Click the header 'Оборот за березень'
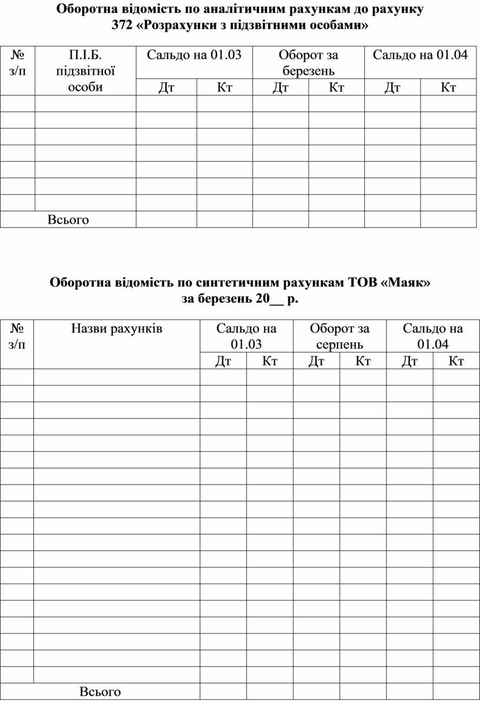coord(308,63)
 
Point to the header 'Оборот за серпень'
coord(339,336)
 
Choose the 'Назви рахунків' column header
coord(116,328)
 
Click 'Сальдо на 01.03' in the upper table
coord(194,55)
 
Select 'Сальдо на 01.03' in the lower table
coord(246,336)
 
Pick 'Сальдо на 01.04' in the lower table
coord(432,336)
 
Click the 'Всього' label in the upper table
coord(68,219)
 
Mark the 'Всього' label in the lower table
coord(100,692)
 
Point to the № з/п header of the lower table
coord(17,336)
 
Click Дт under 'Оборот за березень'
coord(281,88)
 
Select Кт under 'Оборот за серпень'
coord(363,360)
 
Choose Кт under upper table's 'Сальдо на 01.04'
coord(448,88)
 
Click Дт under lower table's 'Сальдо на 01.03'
coord(223,360)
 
